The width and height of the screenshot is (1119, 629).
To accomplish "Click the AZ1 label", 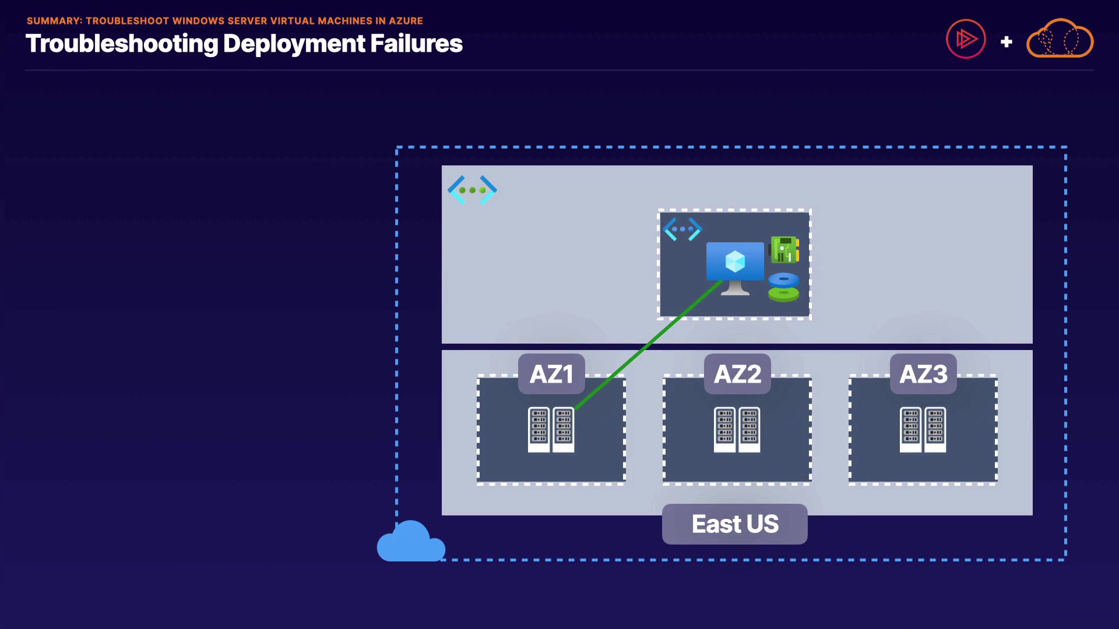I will pos(551,374).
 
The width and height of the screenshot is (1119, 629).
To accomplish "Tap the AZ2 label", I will pos(737,374).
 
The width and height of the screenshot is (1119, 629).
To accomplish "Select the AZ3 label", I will pos(923,374).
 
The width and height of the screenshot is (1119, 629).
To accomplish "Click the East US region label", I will pos(734,524).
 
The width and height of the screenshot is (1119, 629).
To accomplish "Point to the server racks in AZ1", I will pos(551,430).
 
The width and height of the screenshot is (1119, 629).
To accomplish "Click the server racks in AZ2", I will pos(737,430).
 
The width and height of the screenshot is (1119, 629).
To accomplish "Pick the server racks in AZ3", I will pos(923,430).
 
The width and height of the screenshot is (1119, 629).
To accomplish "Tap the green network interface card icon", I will pos(784,249).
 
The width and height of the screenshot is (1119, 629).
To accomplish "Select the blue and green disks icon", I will pos(783,287).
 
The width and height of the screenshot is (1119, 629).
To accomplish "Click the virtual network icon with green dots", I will pos(472,190).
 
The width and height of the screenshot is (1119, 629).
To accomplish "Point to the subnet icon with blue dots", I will pos(682,229).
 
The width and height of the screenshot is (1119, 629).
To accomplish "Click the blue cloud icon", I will pos(411,543).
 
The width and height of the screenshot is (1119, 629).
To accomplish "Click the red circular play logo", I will pos(966,39).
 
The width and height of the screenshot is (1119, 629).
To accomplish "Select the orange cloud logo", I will pos(1060,39).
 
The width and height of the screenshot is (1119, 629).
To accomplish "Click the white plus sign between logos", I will pos(1006,42).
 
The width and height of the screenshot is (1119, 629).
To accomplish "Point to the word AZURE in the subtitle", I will pos(406,21).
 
